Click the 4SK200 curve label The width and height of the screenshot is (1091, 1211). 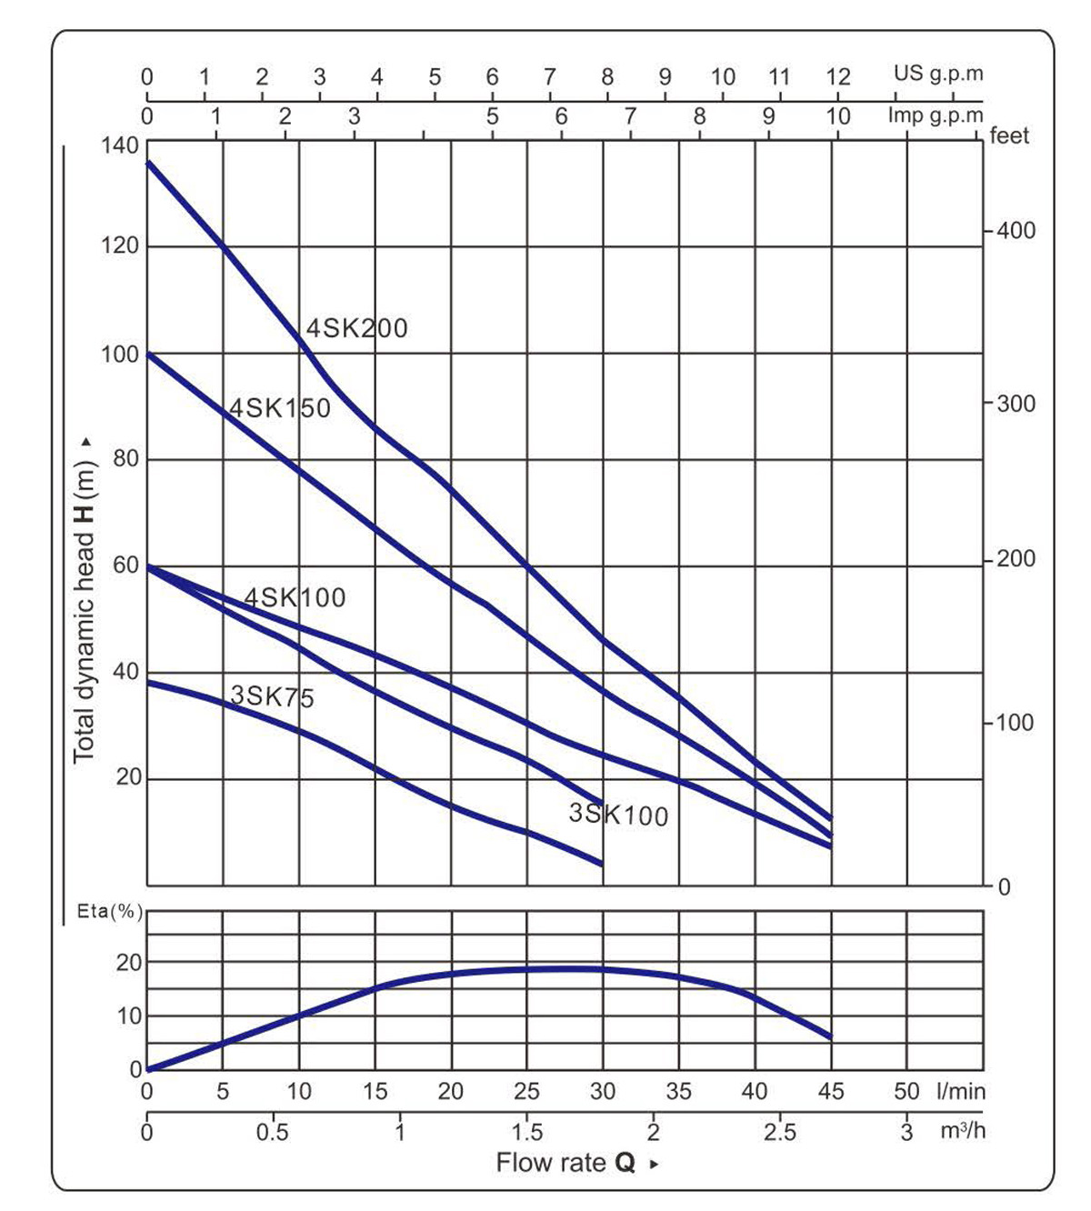(x=356, y=328)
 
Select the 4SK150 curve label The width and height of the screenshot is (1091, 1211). (x=280, y=408)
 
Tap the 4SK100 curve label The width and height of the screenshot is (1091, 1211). (x=295, y=597)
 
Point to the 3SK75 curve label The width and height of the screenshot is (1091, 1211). (x=273, y=697)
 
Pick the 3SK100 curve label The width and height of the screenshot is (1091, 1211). (x=618, y=815)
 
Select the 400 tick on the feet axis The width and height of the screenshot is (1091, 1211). (x=1016, y=231)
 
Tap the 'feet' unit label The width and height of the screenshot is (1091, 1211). (x=1009, y=136)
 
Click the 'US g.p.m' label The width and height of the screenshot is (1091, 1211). (x=938, y=74)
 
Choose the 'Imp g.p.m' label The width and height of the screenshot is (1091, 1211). (x=936, y=115)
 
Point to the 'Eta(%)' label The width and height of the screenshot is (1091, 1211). (x=110, y=911)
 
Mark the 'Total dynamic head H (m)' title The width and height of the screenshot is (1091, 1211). (x=84, y=600)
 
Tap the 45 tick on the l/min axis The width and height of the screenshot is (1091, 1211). (x=830, y=1091)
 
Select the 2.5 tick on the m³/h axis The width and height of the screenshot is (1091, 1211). (x=779, y=1132)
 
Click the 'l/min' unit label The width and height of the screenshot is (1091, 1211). (x=961, y=1091)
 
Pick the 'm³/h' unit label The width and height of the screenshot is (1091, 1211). (x=963, y=1131)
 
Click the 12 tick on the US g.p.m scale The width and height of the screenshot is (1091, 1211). (x=837, y=76)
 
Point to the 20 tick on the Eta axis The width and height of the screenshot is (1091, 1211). (x=129, y=963)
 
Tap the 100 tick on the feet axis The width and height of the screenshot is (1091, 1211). (x=1016, y=724)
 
